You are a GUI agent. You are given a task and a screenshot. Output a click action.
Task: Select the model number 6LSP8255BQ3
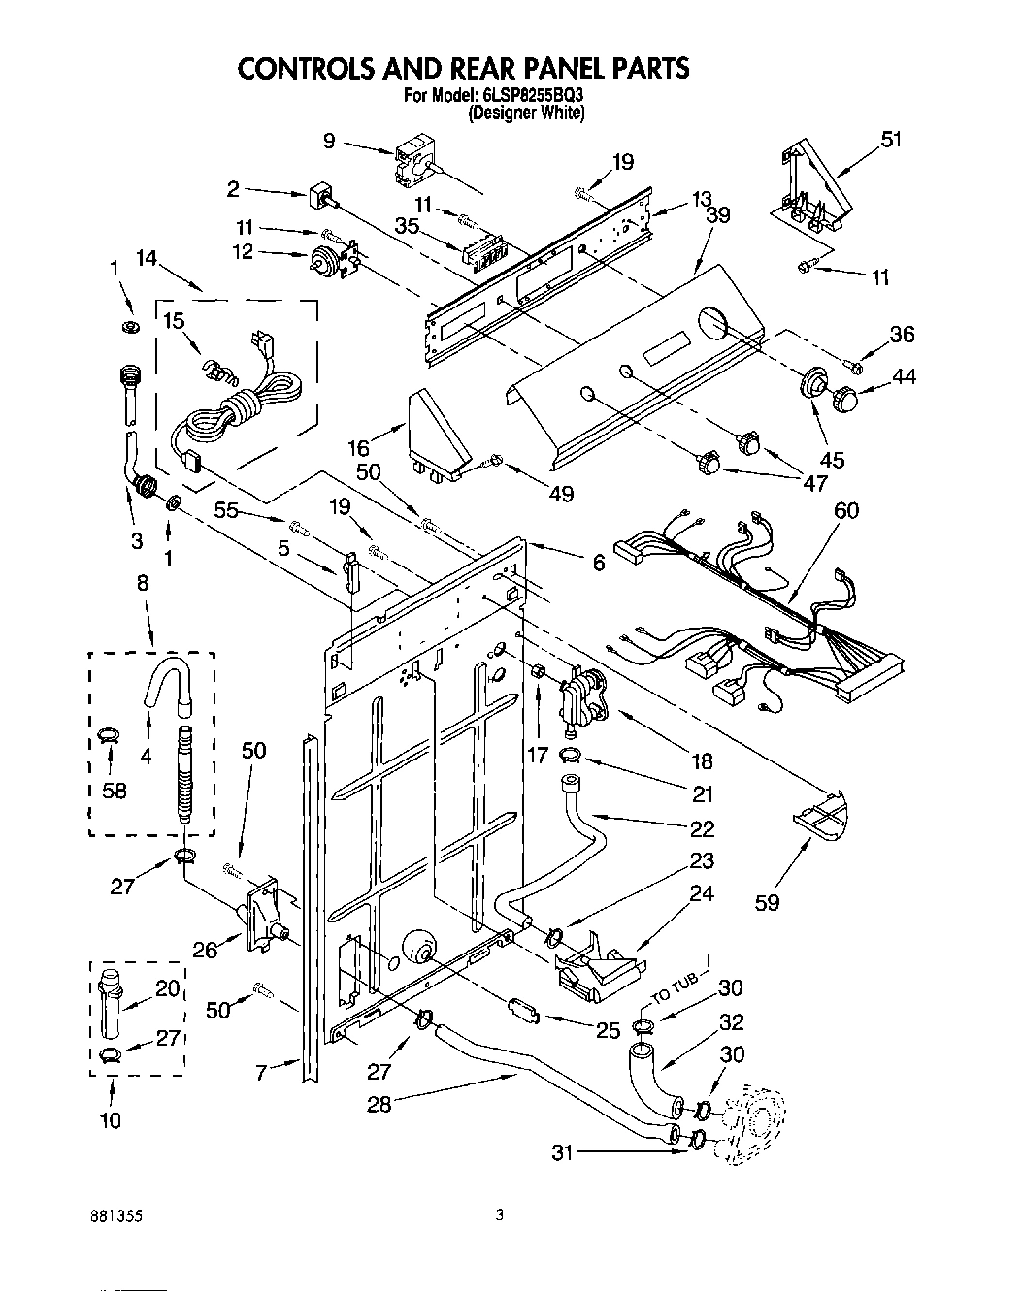[x=533, y=96]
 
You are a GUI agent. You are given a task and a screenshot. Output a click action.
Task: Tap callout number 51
[x=890, y=140]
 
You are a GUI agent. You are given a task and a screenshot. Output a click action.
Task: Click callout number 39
[x=718, y=214]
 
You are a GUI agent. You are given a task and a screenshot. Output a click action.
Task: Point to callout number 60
[x=846, y=510]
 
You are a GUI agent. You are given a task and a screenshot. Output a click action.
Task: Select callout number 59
[x=767, y=902]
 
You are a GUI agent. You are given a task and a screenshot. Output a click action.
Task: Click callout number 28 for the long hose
[x=379, y=1104]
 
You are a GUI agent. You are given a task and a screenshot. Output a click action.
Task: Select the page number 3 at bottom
[x=499, y=1212]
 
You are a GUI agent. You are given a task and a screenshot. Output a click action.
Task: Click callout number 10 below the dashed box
[x=111, y=1120]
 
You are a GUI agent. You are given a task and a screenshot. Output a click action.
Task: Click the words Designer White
[x=526, y=113]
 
